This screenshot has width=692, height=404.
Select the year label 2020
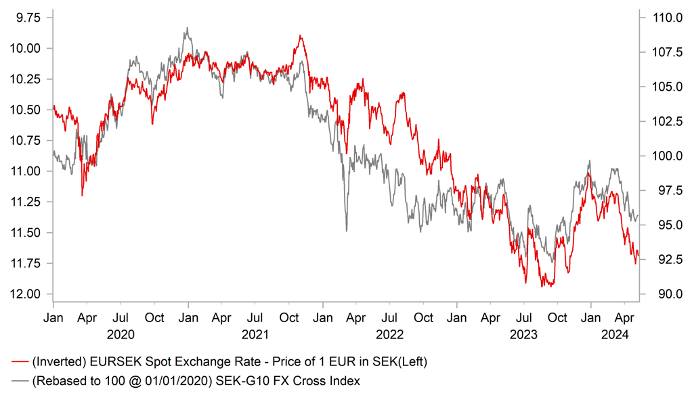point(121,334)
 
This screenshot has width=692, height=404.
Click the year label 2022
point(389,334)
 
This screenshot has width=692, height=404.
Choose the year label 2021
point(255,334)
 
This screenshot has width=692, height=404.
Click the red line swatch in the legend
point(20,363)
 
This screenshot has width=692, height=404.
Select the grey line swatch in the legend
point(20,381)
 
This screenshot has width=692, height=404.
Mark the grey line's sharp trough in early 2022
point(346,231)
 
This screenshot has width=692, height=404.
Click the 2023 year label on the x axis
point(523,334)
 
